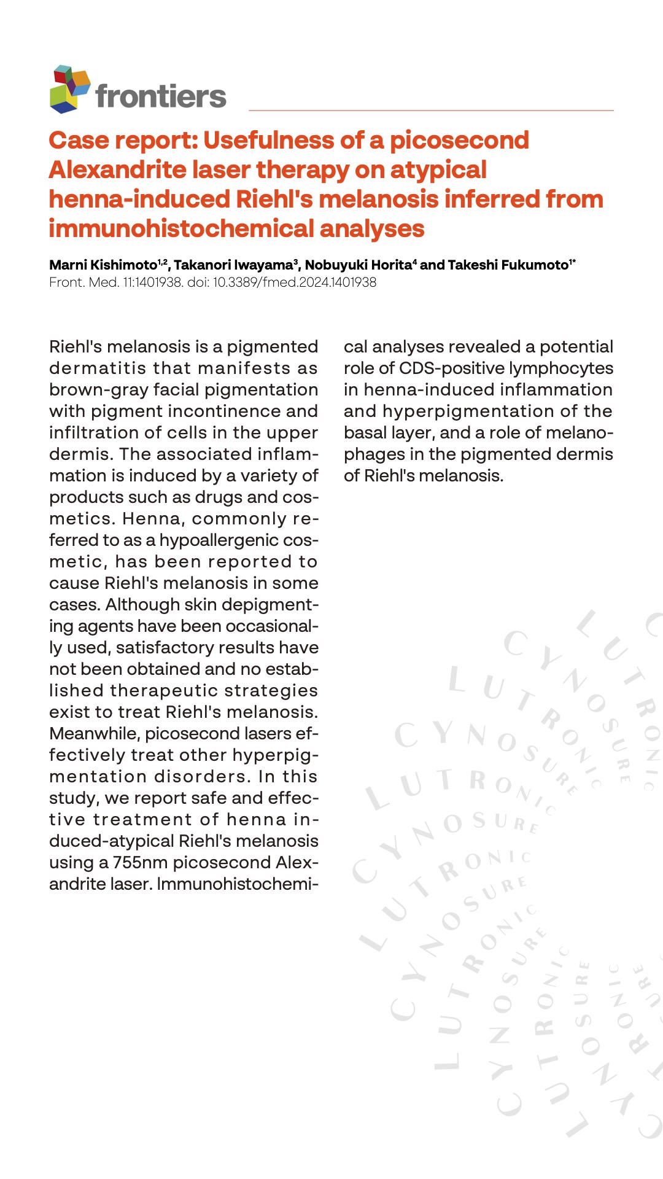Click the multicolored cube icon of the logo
[69, 90]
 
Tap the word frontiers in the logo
[161, 96]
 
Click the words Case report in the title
[123, 141]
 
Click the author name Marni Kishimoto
[103, 265]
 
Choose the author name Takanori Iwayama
[233, 265]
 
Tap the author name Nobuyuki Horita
[358, 265]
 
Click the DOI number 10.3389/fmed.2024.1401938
[295, 282]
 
